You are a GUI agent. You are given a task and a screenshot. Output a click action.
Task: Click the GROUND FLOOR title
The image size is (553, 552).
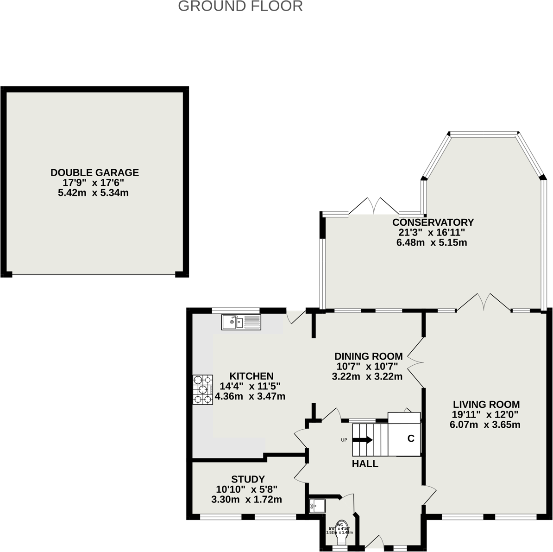click(x=240, y=6)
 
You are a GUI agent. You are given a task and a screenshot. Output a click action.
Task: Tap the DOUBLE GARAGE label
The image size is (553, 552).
click(x=94, y=172)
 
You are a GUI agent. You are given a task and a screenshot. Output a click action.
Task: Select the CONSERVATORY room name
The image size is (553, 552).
click(x=433, y=222)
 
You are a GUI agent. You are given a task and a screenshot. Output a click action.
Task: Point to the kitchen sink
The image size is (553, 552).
click(x=241, y=322)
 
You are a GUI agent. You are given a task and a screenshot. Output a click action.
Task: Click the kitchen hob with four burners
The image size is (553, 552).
click(x=203, y=389)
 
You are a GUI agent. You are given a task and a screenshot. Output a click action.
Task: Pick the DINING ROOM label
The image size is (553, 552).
click(x=368, y=356)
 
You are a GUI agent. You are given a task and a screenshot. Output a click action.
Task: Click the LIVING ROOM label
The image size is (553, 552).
click(x=486, y=404)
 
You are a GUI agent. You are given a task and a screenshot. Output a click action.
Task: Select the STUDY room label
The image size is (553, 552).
click(x=248, y=479)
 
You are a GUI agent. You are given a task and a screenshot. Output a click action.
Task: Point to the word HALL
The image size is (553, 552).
click(x=365, y=463)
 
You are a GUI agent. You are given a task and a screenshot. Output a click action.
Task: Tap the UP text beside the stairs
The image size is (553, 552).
click(x=344, y=440)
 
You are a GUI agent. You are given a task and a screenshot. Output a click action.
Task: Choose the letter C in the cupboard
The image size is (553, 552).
click(x=410, y=438)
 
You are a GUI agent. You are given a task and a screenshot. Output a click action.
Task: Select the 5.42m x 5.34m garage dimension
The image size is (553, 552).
click(x=93, y=193)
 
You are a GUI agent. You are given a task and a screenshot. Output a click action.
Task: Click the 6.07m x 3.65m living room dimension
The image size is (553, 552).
click(x=484, y=425)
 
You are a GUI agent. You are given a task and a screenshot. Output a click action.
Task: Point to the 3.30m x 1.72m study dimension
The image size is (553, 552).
click(x=246, y=500)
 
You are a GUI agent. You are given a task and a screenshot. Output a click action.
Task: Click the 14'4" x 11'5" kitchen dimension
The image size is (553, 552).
click(x=250, y=386)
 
